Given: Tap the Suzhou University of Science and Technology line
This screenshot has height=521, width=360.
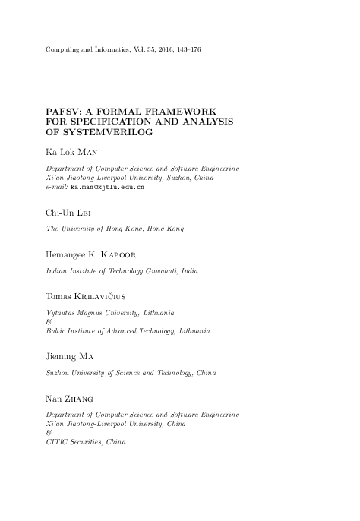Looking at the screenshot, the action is pos(131,374).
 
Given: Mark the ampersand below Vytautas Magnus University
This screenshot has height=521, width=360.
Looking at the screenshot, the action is pos(49,322).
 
